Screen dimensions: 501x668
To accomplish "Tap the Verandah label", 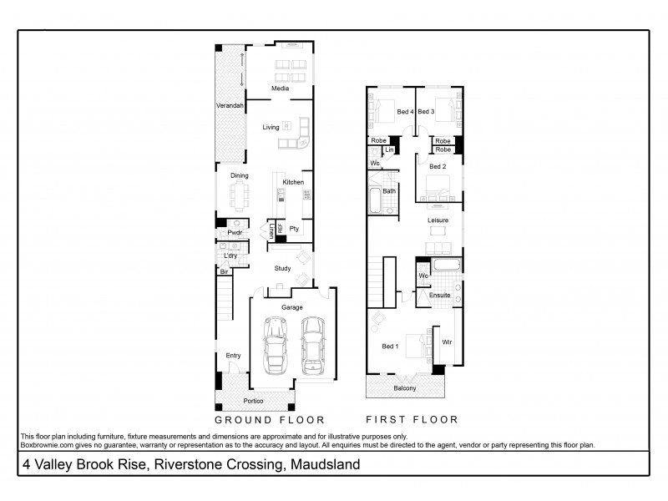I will coord(230,106).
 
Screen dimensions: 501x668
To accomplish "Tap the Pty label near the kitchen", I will coord(294,229).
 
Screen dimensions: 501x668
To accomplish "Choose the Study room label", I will coord(282,268).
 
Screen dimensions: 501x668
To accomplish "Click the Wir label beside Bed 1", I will coord(446,342).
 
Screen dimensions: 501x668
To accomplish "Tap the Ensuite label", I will coord(439,296).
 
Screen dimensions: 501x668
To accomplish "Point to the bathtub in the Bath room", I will coord(373,200).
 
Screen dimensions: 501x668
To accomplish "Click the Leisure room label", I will coord(438,220).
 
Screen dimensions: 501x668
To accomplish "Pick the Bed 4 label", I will coord(405,112).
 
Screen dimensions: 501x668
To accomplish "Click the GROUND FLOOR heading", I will coord(270,419).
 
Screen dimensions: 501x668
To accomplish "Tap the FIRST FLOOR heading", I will coord(412,419).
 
